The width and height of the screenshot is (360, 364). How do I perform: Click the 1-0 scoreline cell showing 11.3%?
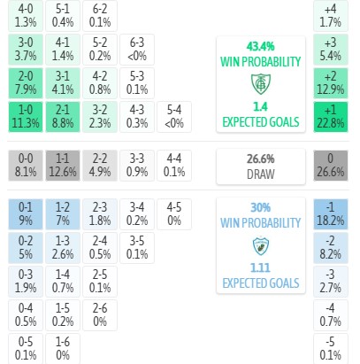[26, 117]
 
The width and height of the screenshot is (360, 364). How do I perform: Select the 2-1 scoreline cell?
[63, 117]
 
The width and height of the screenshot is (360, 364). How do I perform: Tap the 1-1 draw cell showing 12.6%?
[63, 166]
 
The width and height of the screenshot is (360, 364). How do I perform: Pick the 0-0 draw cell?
[26, 166]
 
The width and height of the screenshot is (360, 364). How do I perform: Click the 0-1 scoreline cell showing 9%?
[26, 214]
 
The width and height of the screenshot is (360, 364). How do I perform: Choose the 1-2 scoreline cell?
[63, 214]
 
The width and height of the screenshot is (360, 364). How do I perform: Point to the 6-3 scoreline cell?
[137, 50]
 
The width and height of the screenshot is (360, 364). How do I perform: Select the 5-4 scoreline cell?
[174, 117]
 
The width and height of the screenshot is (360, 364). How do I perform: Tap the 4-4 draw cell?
[174, 166]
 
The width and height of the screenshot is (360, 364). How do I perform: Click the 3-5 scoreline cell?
[137, 248]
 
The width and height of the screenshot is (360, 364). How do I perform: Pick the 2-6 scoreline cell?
[100, 315]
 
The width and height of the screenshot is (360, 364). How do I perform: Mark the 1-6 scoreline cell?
[63, 349]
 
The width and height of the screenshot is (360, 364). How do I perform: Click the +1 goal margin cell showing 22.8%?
[331, 117]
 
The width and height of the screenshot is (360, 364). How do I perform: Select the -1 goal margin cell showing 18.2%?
[331, 214]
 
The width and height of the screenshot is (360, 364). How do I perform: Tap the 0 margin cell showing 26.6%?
[331, 166]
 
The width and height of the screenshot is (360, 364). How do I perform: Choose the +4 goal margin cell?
[331, 16]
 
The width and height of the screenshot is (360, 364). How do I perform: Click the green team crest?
[261, 84]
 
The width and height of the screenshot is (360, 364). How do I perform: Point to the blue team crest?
[261, 245]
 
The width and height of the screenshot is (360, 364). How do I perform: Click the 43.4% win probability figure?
[261, 46]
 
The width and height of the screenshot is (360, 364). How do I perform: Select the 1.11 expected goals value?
[260, 267]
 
